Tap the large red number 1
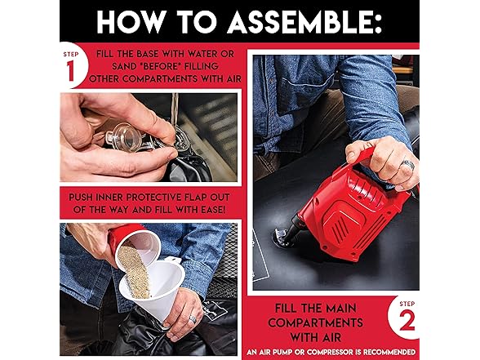(71, 71)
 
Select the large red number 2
(407, 320)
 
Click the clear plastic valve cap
(123, 137)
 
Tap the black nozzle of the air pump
(291, 229)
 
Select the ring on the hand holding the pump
(408, 166)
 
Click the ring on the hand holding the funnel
(193, 319)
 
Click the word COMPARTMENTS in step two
(315, 322)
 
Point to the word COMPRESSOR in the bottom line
(330, 352)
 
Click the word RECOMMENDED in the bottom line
(389, 352)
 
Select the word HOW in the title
(132, 22)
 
